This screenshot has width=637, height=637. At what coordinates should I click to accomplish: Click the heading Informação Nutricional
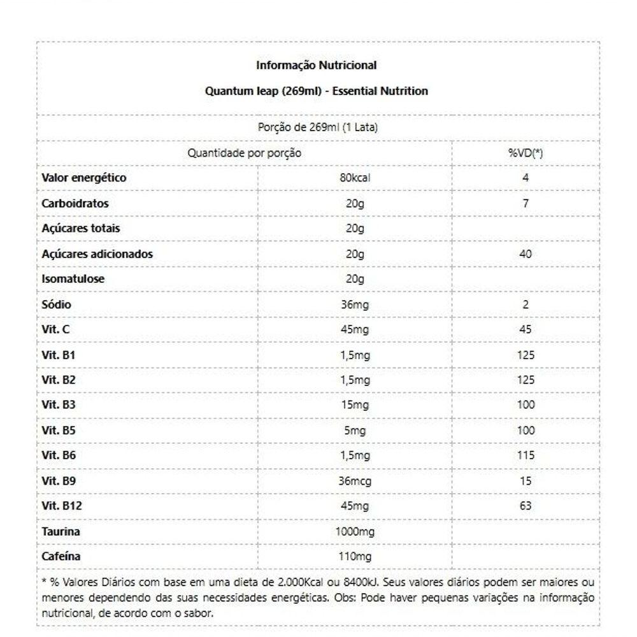click(317, 65)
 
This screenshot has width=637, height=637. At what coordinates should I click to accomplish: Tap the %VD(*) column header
click(526, 153)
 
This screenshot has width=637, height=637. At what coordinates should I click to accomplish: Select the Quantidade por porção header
click(244, 153)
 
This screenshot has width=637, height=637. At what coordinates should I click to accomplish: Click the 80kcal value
click(355, 178)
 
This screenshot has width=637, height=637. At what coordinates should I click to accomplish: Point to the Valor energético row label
click(83, 178)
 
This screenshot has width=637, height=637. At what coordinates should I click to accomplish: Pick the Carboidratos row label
click(75, 204)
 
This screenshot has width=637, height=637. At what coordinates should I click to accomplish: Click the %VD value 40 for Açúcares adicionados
click(526, 254)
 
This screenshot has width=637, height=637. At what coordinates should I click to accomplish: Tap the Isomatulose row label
click(73, 279)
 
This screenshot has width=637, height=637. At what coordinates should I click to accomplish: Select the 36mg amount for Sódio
click(355, 304)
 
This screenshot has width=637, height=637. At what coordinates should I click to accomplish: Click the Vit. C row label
click(55, 329)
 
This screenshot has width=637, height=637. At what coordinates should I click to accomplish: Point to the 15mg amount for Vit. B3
click(355, 404)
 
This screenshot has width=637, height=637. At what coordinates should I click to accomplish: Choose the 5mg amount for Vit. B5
click(355, 431)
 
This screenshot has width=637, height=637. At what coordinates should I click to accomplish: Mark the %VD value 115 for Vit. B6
click(526, 455)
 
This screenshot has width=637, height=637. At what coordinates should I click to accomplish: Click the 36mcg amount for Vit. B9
click(355, 481)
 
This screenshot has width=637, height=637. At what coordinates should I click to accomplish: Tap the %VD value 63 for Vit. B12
click(526, 506)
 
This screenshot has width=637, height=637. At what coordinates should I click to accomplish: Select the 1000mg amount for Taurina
click(355, 531)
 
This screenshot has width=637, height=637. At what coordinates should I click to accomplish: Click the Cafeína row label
click(61, 557)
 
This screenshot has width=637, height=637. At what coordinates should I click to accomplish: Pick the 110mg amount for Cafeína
click(355, 557)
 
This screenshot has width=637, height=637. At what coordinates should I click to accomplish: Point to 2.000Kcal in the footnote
click(302, 582)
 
